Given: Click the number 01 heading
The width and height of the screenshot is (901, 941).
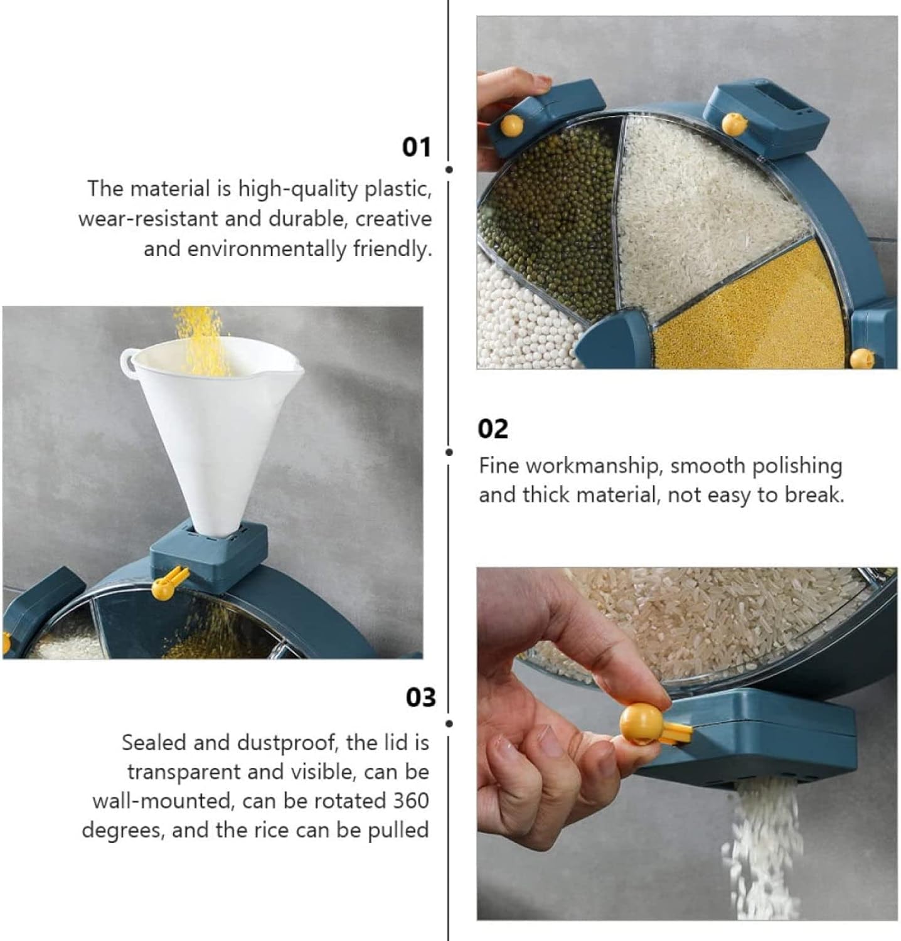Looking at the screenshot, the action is point(417,147).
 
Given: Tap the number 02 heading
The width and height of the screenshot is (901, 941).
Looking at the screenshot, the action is point(493,429).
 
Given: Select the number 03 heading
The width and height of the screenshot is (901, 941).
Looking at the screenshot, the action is point(420,697).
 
